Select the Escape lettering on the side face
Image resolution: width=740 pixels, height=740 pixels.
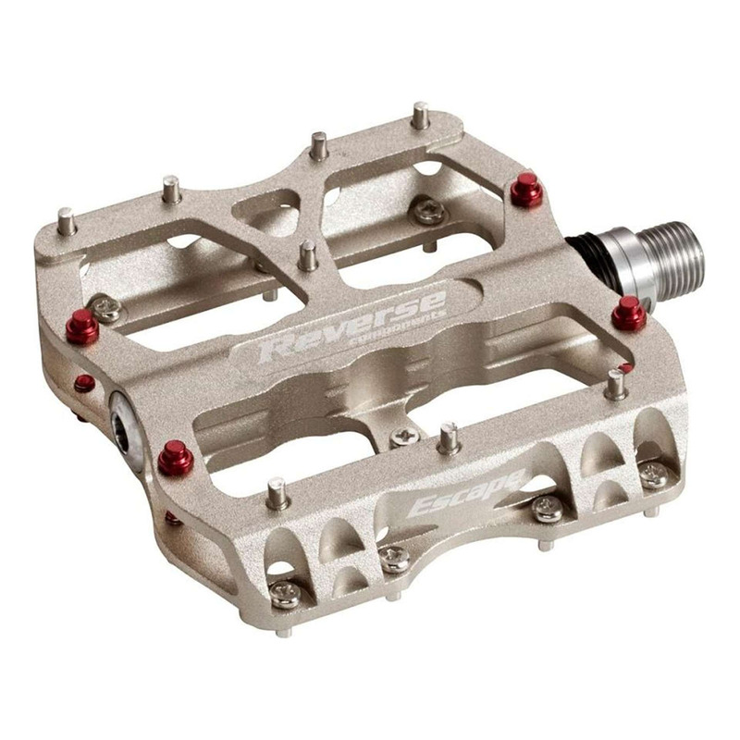point(466,494)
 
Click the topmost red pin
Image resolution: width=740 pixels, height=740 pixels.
point(526,190)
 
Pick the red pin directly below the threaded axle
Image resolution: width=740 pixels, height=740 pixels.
point(629,314)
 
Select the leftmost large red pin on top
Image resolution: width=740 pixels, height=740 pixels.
point(82,327)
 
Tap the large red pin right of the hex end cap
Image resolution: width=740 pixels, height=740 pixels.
point(176,457)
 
